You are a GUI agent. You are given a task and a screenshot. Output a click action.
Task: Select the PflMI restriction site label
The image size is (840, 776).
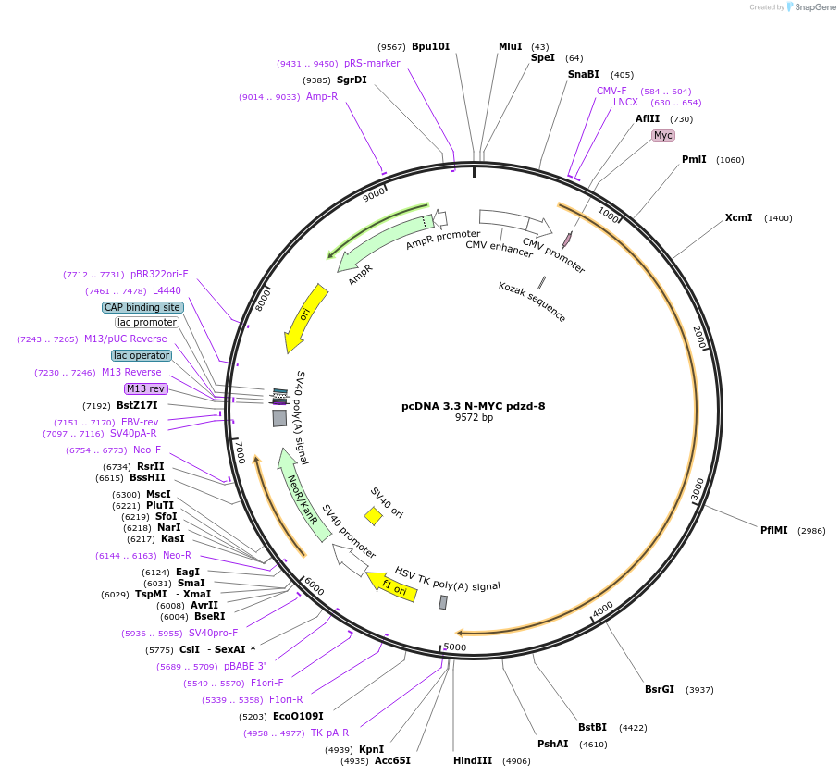pos(774,531)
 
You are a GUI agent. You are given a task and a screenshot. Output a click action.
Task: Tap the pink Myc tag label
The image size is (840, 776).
pos(662,135)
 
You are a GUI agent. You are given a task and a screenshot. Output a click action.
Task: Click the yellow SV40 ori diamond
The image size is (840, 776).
pos(373,516)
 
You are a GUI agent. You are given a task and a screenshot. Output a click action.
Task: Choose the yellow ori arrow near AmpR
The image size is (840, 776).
pos(306,317)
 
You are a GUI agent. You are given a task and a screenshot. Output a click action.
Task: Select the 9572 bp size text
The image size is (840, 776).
pos(474,418)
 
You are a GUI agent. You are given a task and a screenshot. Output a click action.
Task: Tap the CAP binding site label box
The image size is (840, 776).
pos(142,307)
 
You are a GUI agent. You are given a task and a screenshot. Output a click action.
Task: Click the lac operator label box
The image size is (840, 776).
pos(142,355)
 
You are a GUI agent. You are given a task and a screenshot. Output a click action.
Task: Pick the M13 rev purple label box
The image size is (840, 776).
pos(145,388)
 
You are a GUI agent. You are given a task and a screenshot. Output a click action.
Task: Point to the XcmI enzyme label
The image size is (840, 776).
pos(738,218)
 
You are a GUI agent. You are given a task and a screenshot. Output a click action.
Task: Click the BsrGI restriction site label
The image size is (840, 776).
pos(660,689)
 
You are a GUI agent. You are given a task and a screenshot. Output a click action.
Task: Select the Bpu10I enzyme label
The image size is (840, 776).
pos(430,46)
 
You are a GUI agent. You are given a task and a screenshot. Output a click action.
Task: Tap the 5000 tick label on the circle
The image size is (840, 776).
pos(455,647)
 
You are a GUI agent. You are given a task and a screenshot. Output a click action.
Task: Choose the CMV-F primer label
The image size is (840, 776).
pos(611,91)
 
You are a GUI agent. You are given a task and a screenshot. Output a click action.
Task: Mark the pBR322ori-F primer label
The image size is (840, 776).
pos(159,274)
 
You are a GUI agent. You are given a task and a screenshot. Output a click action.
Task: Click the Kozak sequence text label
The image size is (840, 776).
pos(532,302)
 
